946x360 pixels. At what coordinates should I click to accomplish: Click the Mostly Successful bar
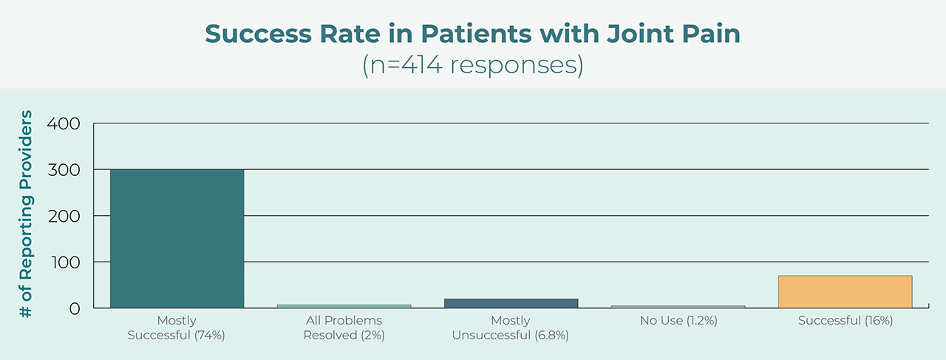(177, 238)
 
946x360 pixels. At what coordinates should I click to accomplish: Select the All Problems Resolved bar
(344, 305)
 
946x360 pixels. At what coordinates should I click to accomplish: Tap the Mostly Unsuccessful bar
(511, 303)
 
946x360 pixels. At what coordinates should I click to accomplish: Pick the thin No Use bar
(678, 306)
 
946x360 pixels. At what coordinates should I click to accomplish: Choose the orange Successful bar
(845, 291)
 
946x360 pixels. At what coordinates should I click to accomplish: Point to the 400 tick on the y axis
(64, 123)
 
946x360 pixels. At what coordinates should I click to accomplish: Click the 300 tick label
(64, 170)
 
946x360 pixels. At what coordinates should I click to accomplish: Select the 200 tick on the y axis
(64, 216)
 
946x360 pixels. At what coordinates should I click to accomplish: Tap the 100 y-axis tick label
(64, 262)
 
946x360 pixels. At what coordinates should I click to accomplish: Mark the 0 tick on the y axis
(73, 308)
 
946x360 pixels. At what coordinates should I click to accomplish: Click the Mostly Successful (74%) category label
(177, 327)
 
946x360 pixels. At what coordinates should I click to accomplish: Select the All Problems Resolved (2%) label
(344, 327)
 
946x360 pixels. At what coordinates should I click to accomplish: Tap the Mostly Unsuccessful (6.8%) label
(511, 327)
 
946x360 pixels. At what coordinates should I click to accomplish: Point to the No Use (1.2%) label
(678, 321)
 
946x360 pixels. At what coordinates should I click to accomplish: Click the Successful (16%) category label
(845, 321)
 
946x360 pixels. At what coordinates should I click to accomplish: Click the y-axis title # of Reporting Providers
(27, 214)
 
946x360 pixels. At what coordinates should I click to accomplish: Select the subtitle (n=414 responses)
(472, 65)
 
